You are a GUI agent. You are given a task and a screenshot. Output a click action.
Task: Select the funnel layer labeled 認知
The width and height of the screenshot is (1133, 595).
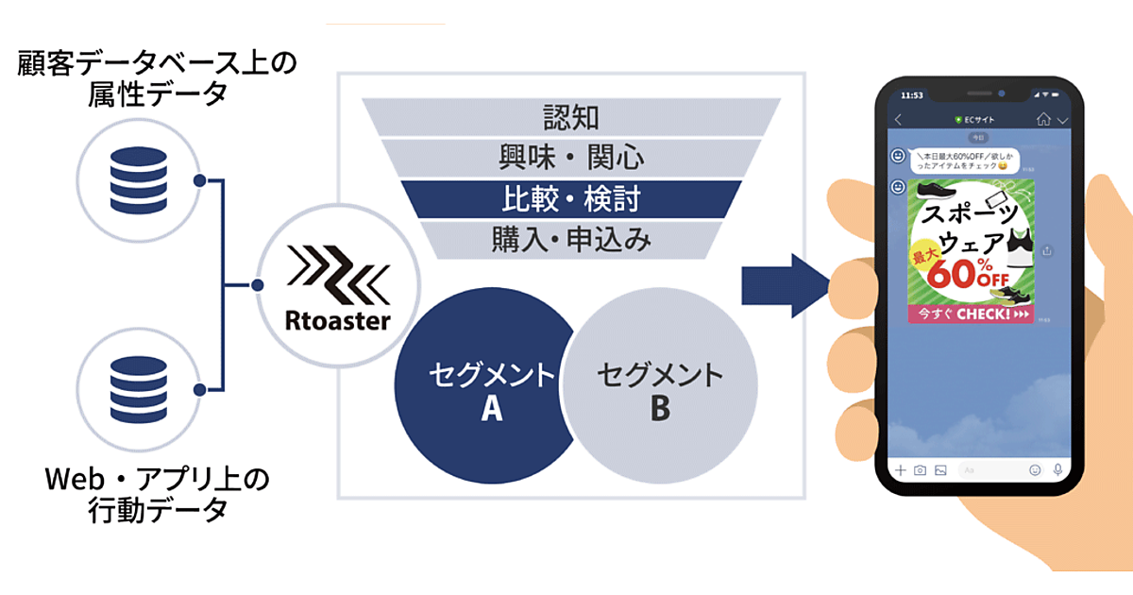(x=571, y=117)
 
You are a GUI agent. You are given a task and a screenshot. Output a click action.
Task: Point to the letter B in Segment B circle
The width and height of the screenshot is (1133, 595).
(x=660, y=409)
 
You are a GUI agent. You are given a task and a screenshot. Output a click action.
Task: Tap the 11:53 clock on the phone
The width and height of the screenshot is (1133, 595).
(x=912, y=95)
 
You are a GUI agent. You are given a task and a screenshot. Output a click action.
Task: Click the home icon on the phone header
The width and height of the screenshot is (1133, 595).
(x=1042, y=120)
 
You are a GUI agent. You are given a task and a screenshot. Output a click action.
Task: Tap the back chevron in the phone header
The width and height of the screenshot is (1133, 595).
(x=898, y=120)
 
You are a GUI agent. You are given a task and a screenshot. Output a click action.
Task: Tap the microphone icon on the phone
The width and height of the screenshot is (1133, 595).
(x=1057, y=469)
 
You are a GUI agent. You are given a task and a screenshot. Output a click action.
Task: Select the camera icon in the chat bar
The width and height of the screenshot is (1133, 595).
(x=920, y=469)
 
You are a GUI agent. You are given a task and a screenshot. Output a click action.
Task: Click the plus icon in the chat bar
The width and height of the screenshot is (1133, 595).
(x=901, y=469)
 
